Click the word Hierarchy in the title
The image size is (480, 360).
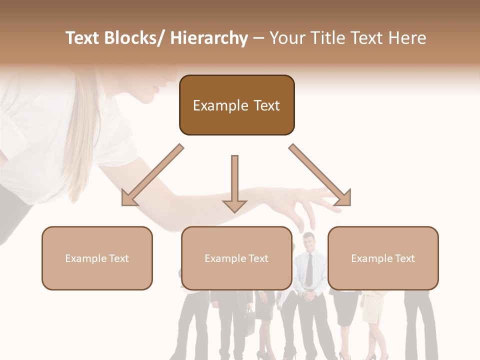[x=209, y=38]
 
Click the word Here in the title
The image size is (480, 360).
[x=407, y=38]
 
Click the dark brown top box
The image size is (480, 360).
[x=236, y=105]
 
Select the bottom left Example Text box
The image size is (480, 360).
[x=97, y=258]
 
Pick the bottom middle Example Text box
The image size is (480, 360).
[x=236, y=258]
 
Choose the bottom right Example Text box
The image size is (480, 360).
[x=383, y=258]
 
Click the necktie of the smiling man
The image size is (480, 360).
[x=309, y=270]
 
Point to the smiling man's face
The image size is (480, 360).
[x=308, y=242]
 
